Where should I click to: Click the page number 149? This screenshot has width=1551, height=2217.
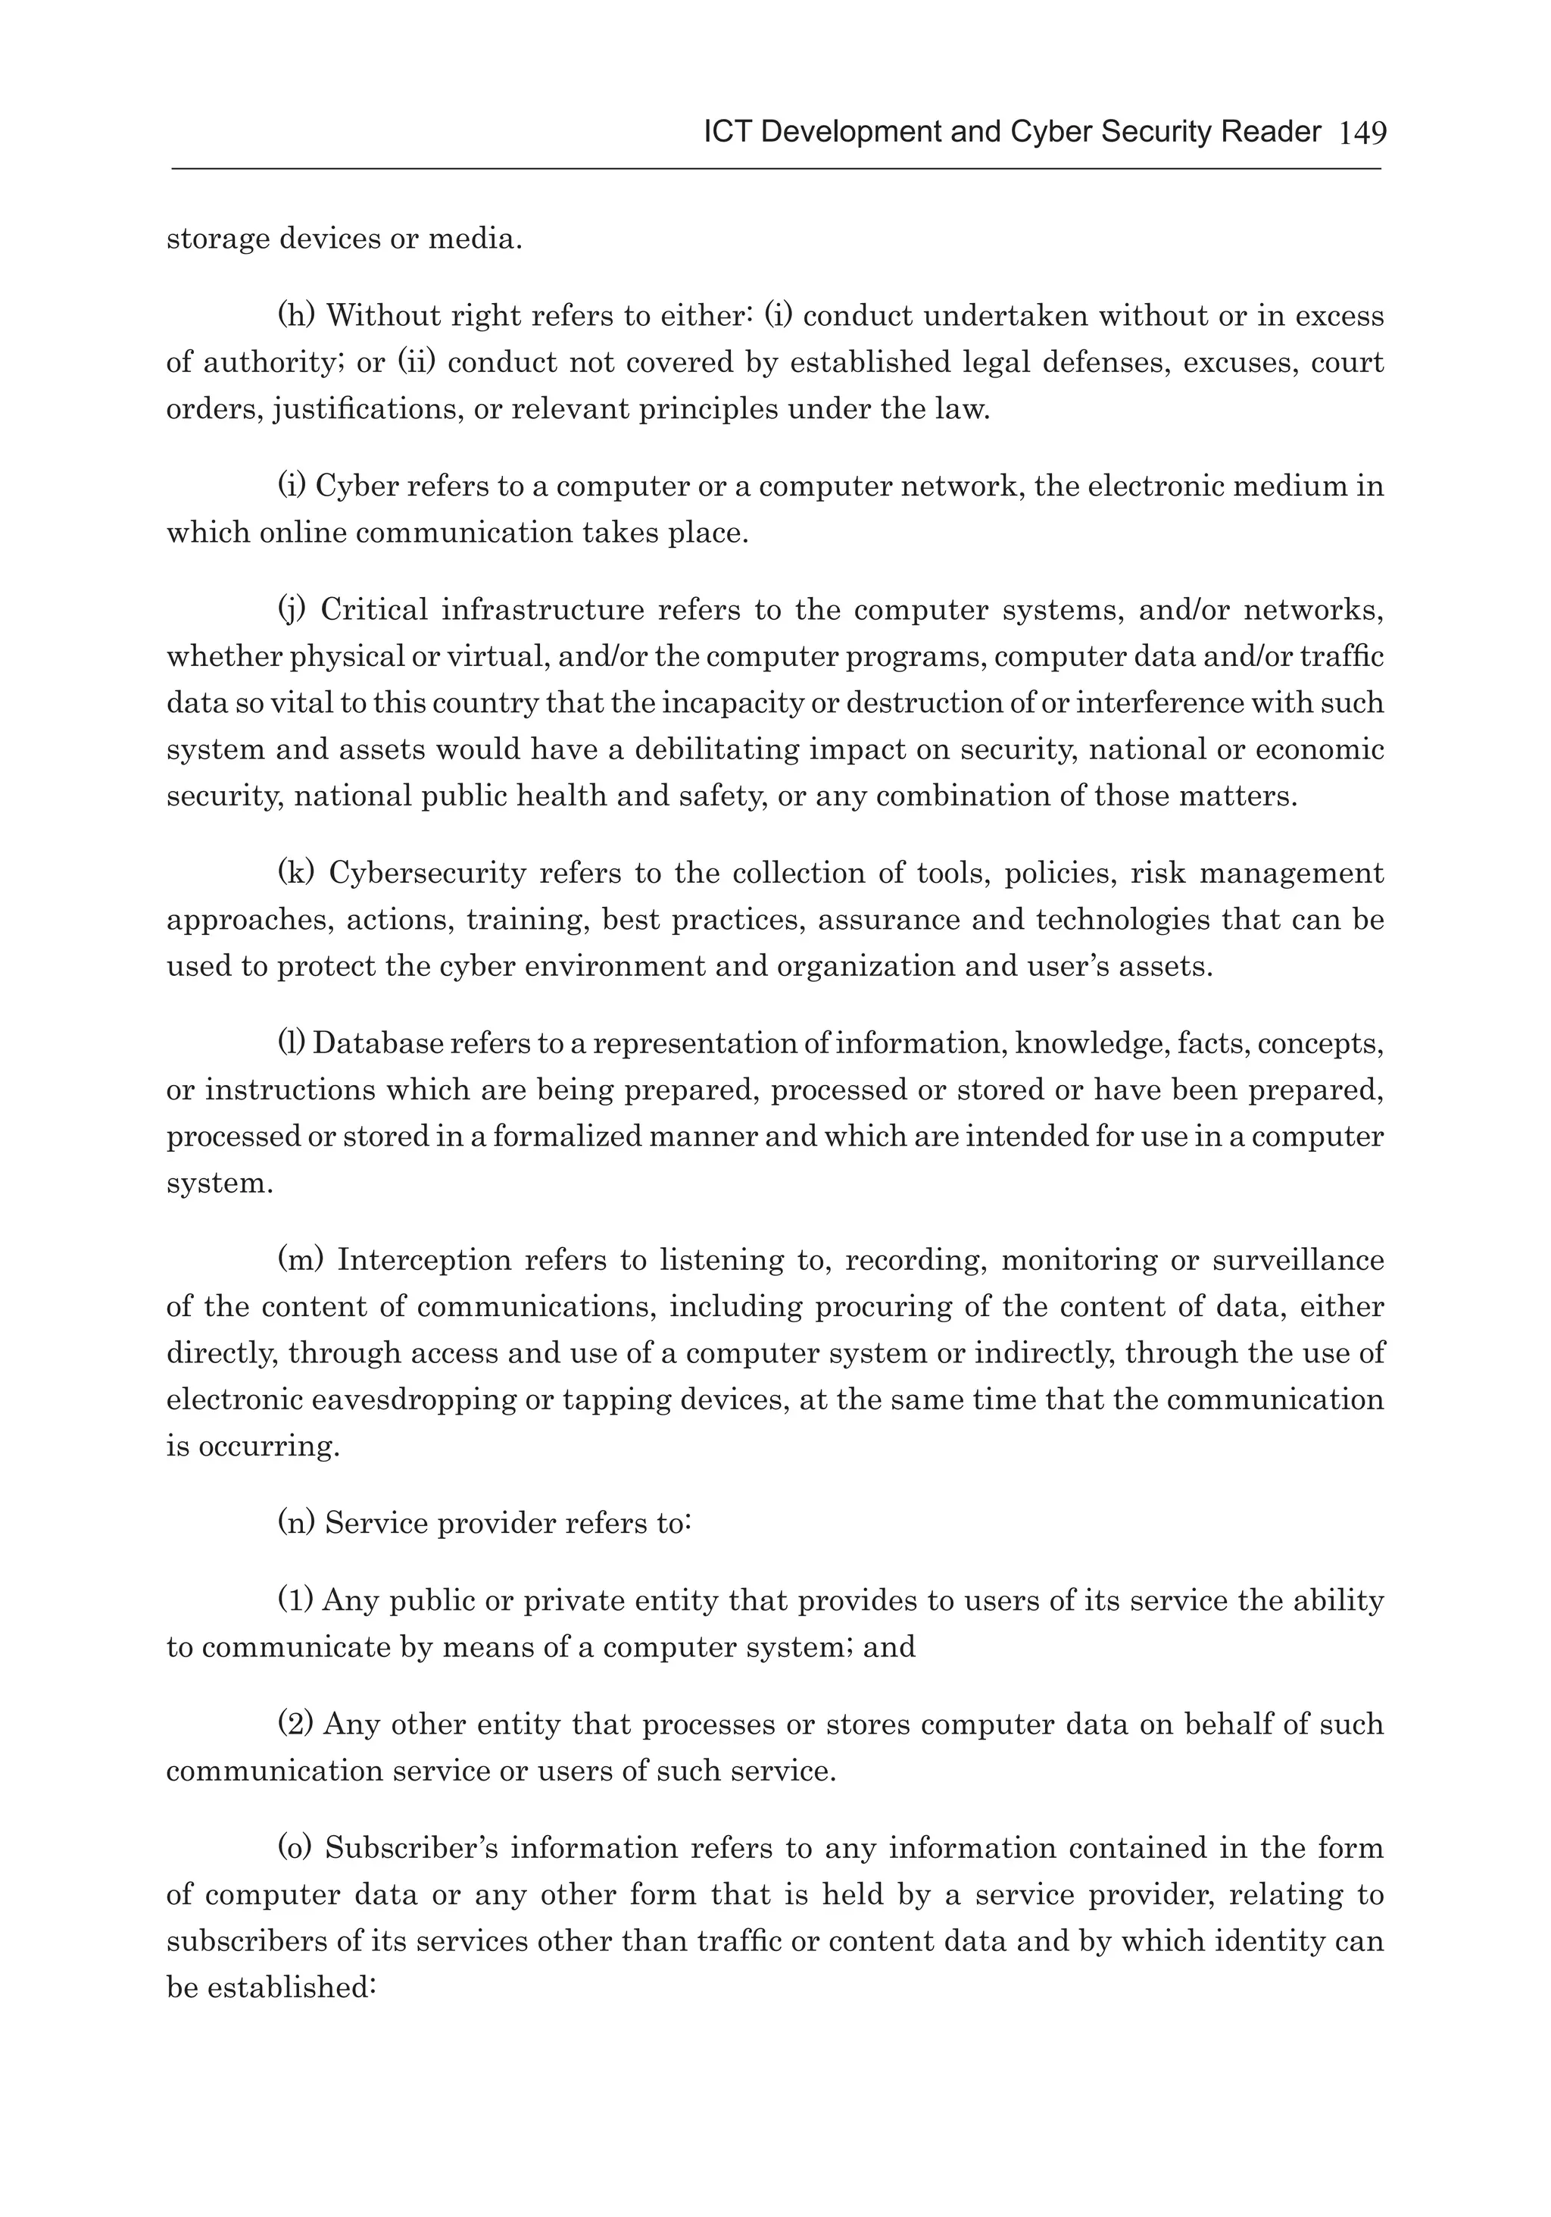(x=1362, y=133)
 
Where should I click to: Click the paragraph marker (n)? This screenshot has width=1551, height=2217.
(x=296, y=1523)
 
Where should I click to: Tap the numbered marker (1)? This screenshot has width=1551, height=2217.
(x=295, y=1600)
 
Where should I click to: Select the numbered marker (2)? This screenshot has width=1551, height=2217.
(x=295, y=1724)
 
